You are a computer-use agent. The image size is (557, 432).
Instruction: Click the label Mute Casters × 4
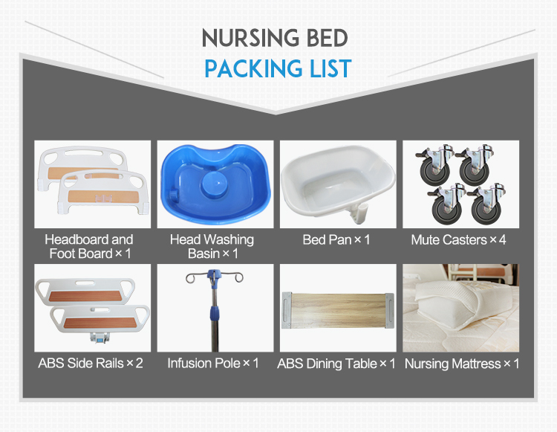[x=459, y=240]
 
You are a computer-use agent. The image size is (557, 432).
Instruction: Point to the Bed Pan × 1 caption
[x=336, y=240]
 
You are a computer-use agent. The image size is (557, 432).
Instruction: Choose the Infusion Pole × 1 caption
[x=213, y=364]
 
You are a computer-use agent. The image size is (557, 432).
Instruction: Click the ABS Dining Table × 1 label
[x=336, y=364]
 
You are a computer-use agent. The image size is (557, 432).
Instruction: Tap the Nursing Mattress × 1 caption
[x=460, y=364]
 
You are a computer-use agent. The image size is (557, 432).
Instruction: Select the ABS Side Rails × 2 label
[x=91, y=364]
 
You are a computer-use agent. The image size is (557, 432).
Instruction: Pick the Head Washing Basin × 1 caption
[x=212, y=246]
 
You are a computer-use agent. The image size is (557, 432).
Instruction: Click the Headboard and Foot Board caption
[x=89, y=246]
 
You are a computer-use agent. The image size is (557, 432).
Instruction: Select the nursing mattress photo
[x=460, y=308]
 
